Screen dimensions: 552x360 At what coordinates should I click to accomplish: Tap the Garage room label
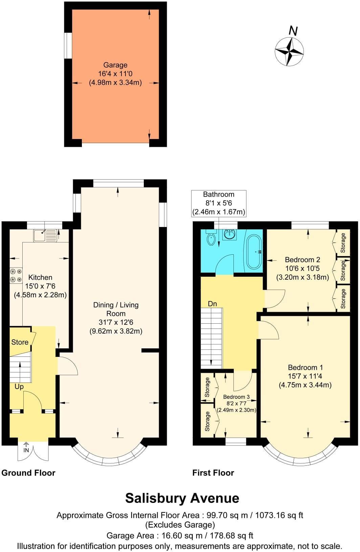[x=115, y=65]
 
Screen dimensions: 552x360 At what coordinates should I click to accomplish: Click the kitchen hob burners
[x=16, y=275]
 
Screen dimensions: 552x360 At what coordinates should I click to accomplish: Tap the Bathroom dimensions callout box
[x=219, y=203]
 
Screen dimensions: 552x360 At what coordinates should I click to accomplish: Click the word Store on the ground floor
[x=20, y=342]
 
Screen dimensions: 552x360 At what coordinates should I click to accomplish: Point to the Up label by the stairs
[x=19, y=386]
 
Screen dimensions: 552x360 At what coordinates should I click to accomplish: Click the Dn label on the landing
[x=212, y=304]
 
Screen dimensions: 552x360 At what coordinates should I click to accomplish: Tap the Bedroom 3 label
[x=237, y=397]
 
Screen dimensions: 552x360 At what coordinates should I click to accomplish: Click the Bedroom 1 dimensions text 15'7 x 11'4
[x=305, y=376]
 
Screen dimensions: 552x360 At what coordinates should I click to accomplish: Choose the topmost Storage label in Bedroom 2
[x=343, y=243]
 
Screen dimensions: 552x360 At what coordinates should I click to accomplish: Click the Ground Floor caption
[x=28, y=473]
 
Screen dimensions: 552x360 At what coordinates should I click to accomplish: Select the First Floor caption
[x=213, y=473]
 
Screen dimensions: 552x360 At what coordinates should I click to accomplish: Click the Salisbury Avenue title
[x=182, y=498]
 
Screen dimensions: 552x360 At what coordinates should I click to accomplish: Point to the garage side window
[x=68, y=46]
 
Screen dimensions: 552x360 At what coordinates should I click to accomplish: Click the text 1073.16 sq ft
[x=279, y=515]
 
